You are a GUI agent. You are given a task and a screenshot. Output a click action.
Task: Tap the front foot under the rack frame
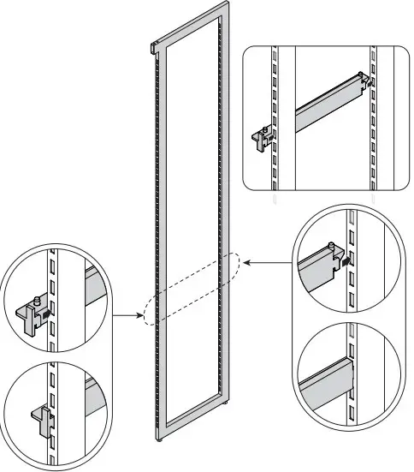coord(161,439)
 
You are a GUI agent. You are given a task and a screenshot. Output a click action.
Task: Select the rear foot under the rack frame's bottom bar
coord(226,403)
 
